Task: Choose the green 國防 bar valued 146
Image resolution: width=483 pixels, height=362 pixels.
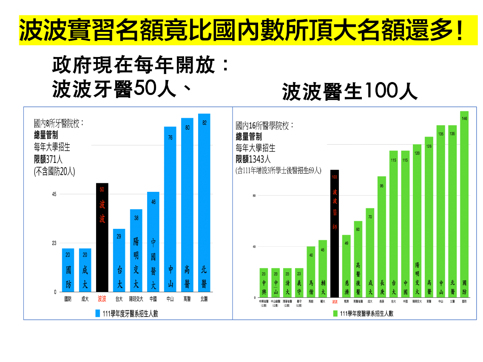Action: (464, 204)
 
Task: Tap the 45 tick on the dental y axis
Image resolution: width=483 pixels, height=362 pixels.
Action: (54, 194)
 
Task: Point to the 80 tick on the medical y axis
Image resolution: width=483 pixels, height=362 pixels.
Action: (254, 196)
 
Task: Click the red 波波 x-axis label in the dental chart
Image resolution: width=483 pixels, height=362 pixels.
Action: (102, 299)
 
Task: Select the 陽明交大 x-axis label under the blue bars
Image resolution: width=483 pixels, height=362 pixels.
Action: (136, 299)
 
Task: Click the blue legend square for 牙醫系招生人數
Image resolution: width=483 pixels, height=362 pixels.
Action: (97, 314)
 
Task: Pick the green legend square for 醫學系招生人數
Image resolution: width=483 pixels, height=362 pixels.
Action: (335, 314)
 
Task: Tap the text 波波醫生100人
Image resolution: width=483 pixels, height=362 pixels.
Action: (350, 91)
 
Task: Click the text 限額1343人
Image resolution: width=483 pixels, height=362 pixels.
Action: (253, 159)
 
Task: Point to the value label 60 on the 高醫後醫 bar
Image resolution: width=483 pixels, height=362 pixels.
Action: (358, 229)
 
